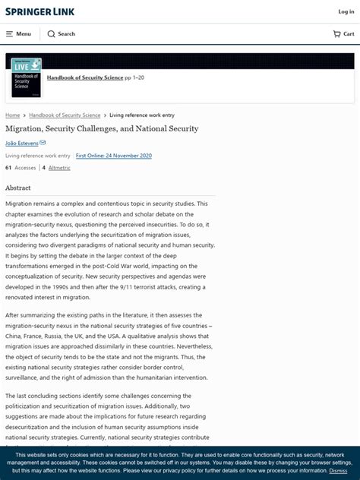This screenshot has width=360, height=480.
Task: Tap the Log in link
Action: (x=346, y=11)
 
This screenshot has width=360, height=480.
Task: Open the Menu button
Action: (x=18, y=34)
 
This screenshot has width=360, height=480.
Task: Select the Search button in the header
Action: (x=61, y=34)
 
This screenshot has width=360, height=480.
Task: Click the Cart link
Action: (x=343, y=34)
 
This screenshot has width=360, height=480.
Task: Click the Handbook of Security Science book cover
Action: (x=26, y=78)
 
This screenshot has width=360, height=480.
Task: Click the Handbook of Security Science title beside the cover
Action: (x=84, y=77)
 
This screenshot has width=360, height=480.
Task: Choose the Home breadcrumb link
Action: (x=12, y=115)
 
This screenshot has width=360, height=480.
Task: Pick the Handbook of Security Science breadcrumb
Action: (x=65, y=115)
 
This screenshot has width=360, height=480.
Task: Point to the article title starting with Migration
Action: (x=102, y=128)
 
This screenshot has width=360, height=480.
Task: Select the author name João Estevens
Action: (x=21, y=143)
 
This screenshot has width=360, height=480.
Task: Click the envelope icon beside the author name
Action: (x=43, y=143)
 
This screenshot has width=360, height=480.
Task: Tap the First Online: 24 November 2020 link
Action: (x=114, y=156)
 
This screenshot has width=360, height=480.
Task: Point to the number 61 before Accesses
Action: (x=8, y=168)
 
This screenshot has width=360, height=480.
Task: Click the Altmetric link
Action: (x=59, y=168)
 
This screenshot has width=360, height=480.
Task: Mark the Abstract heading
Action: (x=18, y=188)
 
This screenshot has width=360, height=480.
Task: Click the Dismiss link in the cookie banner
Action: (x=338, y=471)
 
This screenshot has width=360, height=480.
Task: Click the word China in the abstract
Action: (x=14, y=336)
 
